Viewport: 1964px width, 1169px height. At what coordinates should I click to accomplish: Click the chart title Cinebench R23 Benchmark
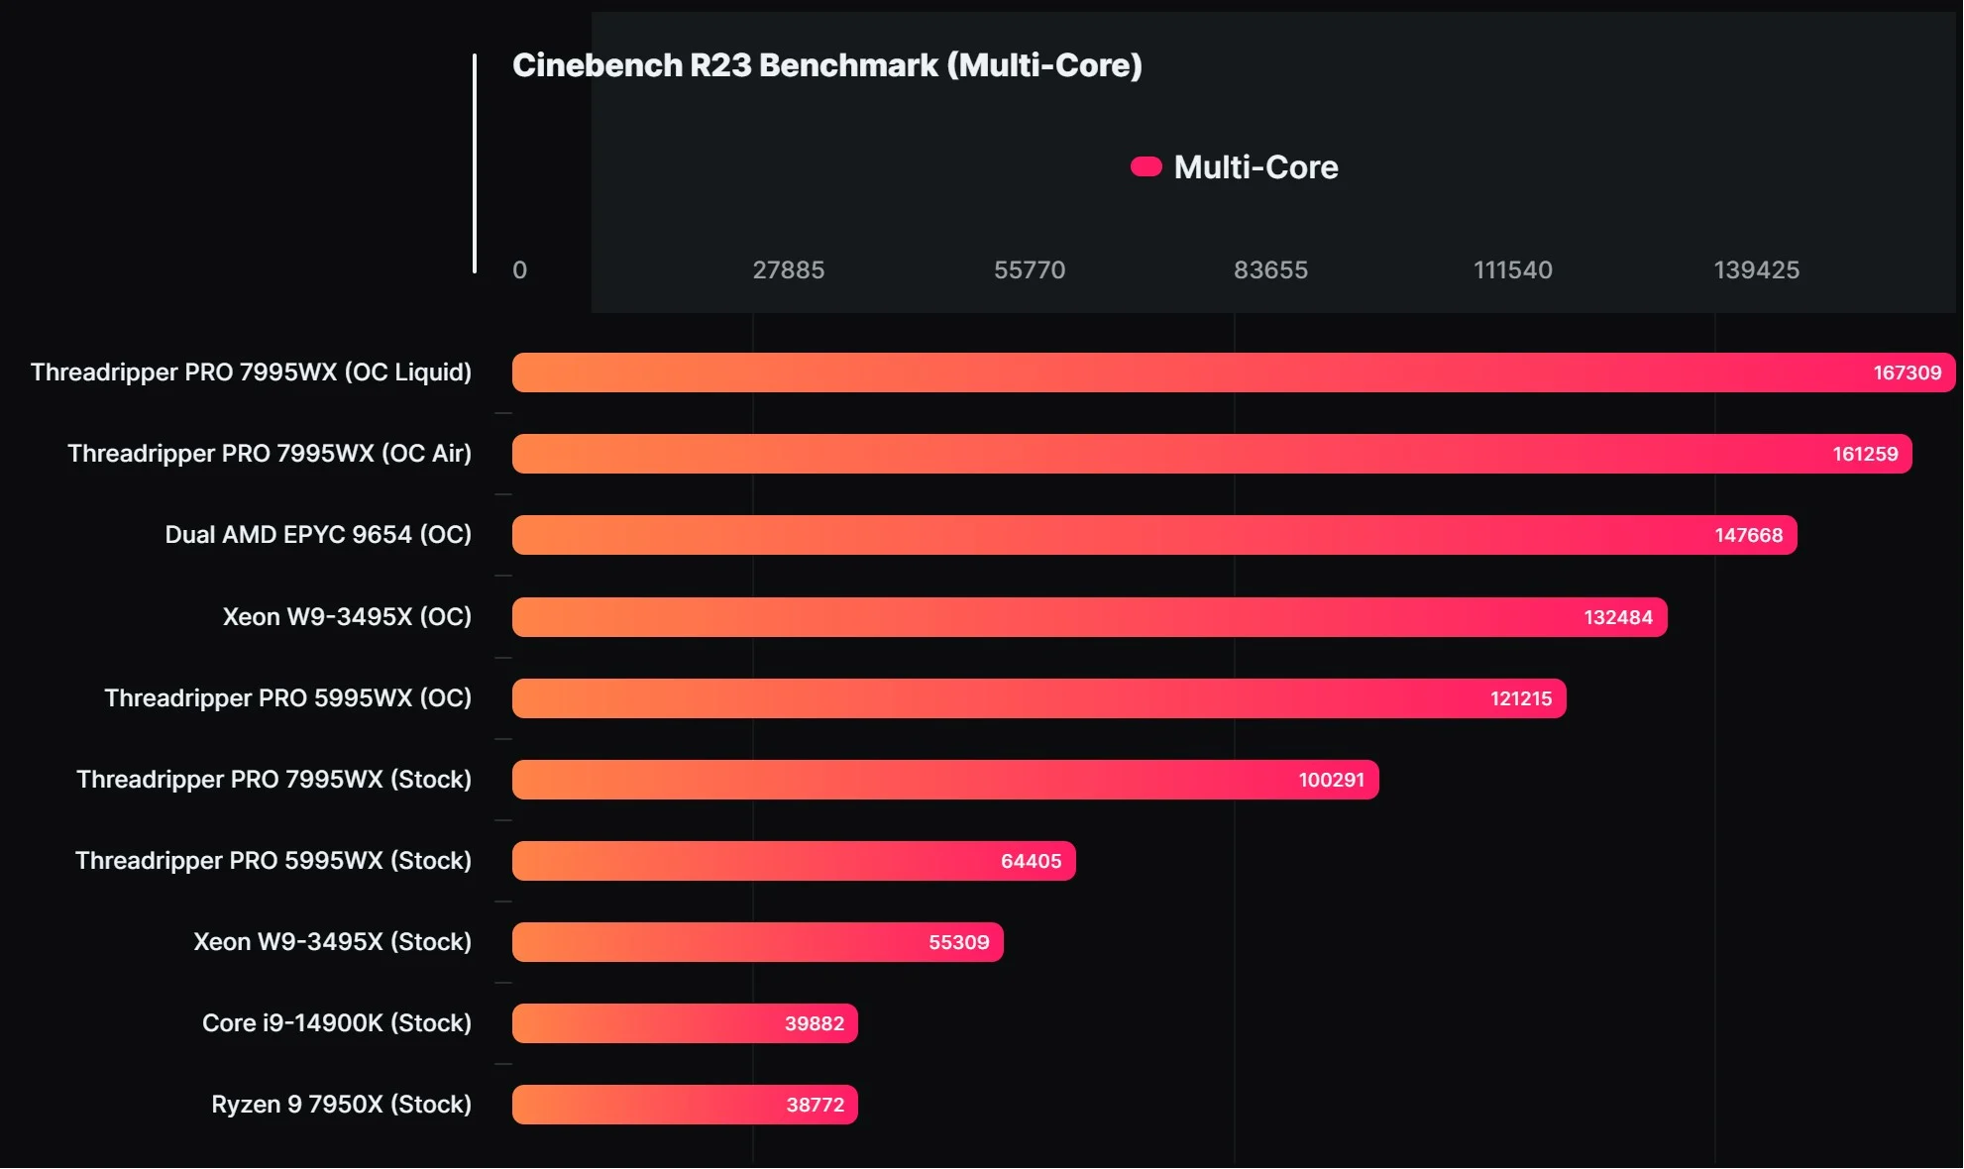[826, 65]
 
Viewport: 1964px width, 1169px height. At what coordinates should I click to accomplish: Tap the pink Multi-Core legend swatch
[1146, 166]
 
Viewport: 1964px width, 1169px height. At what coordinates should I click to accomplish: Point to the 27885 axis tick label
[788, 269]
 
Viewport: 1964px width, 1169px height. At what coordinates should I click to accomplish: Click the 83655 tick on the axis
[1270, 269]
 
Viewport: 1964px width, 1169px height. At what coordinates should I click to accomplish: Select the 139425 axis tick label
[1756, 269]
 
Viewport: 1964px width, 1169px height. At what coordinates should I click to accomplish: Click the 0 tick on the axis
[519, 269]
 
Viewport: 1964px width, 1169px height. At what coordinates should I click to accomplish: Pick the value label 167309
[1907, 373]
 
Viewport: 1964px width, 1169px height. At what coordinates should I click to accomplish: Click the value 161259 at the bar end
[1865, 455]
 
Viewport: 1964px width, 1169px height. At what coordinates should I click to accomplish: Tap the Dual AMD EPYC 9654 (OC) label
[318, 535]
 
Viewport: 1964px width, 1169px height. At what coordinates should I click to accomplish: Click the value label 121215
[1521, 698]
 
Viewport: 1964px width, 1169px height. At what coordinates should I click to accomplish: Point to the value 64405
[1031, 861]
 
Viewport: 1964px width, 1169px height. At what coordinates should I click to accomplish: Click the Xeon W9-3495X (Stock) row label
[332, 942]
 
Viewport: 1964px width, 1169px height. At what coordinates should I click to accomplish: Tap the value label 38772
[815, 1105]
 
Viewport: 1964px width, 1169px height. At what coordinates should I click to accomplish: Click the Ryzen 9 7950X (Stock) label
[341, 1105]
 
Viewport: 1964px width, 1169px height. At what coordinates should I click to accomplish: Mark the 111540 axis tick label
[1512, 269]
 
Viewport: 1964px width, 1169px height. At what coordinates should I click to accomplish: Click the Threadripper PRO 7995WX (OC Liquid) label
[251, 372]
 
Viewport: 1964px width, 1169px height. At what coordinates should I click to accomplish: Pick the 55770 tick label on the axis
[1029, 269]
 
